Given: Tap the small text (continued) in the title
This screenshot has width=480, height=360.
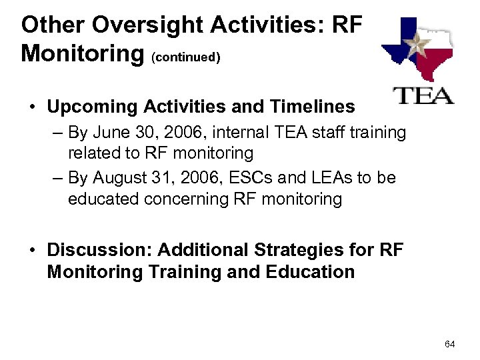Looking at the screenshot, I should click(x=187, y=57).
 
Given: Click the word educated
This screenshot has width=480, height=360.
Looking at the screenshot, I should click(x=100, y=199).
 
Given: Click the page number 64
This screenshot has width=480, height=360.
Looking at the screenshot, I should click(x=449, y=344).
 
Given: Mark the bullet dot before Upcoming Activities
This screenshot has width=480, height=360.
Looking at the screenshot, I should click(x=32, y=107).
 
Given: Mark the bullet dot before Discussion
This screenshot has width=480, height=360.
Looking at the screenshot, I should click(x=32, y=251).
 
